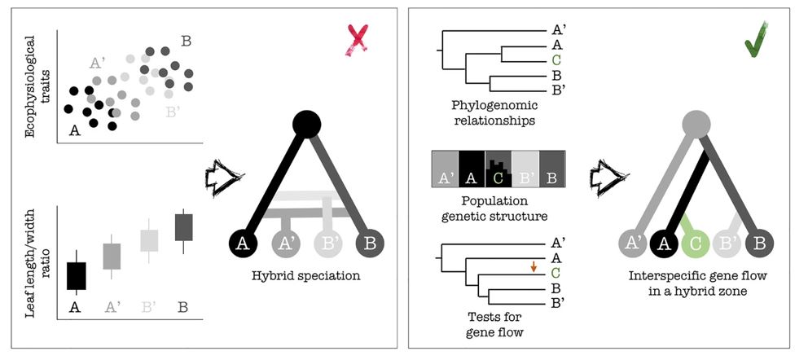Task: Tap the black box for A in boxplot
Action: tap(76, 275)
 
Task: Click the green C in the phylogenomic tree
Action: tap(556, 59)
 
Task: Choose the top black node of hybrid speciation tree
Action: tap(305, 123)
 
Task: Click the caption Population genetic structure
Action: tap(498, 207)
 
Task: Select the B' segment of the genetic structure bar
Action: tap(525, 169)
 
